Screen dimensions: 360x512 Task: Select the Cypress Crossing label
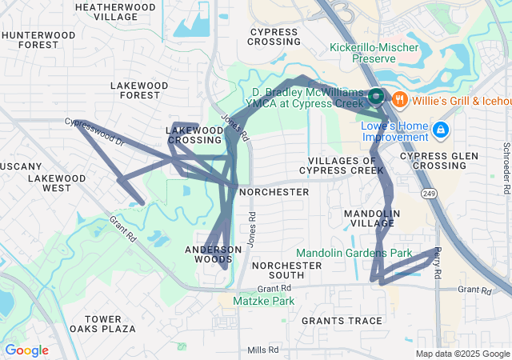[x=274, y=36]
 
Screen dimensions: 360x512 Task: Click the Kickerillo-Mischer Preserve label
[x=374, y=54]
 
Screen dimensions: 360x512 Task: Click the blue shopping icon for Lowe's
[x=439, y=129]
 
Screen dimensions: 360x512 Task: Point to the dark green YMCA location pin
[x=378, y=98]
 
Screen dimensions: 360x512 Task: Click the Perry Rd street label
[x=437, y=263]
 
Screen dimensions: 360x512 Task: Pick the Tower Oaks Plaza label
[x=102, y=324]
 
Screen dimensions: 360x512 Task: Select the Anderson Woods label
[x=213, y=254]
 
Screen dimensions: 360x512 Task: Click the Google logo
[x=26, y=350]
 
